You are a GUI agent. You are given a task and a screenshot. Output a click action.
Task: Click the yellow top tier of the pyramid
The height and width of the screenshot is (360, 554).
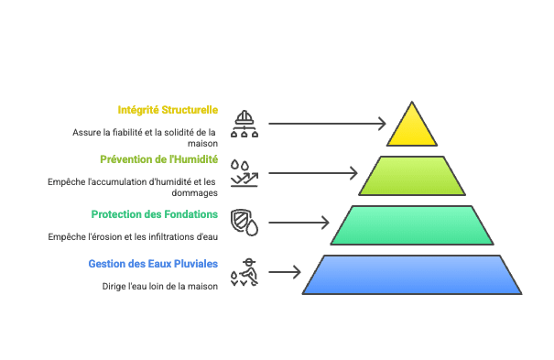[412, 128]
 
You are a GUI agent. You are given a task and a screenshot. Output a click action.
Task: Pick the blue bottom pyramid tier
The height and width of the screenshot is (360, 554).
[412, 275]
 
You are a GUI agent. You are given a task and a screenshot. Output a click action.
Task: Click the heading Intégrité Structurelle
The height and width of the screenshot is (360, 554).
[168, 110]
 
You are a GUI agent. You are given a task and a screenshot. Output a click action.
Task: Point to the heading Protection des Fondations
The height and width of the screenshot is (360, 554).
[155, 214]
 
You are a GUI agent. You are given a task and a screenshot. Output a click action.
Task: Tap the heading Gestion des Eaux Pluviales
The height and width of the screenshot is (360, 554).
[153, 264]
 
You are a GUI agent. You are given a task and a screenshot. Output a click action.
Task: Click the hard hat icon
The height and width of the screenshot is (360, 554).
[244, 123]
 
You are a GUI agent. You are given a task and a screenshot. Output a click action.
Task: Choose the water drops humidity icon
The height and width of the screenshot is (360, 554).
[244, 172]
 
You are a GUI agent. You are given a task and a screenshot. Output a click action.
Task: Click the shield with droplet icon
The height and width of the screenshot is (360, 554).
[244, 222]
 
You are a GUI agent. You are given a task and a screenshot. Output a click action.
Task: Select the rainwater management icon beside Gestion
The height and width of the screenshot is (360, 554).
[244, 272]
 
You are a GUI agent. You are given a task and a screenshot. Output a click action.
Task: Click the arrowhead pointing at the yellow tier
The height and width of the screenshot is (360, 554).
[382, 123]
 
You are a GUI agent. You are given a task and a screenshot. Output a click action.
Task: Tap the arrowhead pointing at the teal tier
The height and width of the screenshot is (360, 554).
[324, 222]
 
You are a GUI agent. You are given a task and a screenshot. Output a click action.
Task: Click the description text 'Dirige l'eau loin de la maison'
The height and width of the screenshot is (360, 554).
[160, 286]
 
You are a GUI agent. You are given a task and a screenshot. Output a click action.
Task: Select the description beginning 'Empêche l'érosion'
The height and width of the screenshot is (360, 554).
[134, 236]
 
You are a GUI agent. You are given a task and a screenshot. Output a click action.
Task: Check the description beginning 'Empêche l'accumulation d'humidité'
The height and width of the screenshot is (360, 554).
[133, 187]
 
